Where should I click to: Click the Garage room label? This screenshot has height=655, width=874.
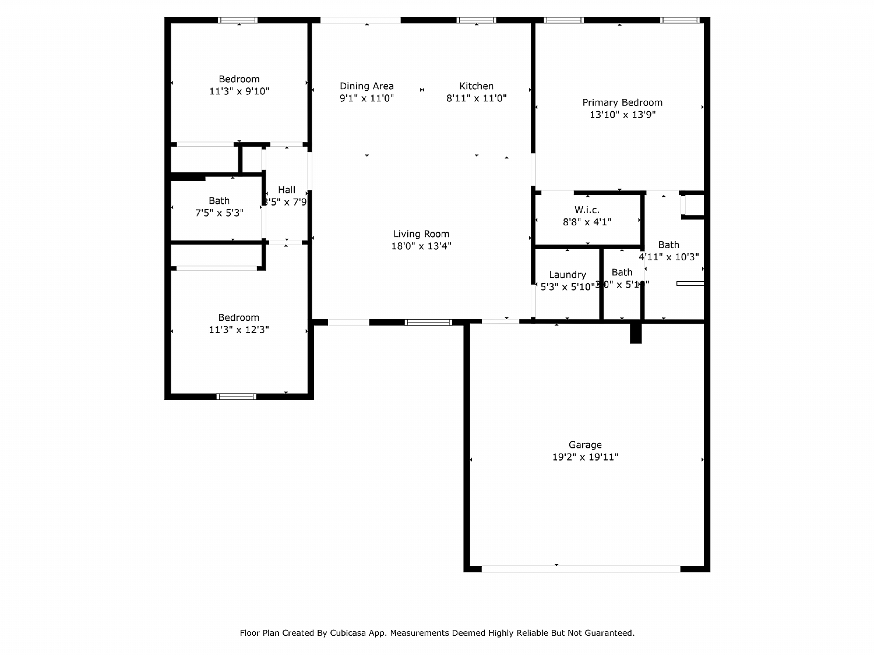[x=585, y=445]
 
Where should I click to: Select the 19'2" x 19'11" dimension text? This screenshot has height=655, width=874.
[x=585, y=457]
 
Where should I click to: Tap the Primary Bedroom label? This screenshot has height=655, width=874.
[x=622, y=102]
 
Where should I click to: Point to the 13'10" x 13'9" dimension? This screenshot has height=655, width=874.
[x=622, y=115]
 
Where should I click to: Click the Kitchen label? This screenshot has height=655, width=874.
[x=476, y=86]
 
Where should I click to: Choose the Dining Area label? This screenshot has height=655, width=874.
[x=366, y=86]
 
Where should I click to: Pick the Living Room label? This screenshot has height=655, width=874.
[x=421, y=234]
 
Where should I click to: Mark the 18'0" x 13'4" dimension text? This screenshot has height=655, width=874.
[x=421, y=246]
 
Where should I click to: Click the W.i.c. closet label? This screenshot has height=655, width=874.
[x=587, y=210]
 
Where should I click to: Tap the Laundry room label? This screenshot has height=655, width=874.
[x=567, y=275]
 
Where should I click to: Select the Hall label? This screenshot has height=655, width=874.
[x=286, y=190]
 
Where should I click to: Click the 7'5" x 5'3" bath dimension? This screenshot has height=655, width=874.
[x=219, y=213]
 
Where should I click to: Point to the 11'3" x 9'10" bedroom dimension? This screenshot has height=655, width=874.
[x=239, y=91]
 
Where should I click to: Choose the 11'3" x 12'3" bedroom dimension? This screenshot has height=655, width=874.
[x=239, y=330]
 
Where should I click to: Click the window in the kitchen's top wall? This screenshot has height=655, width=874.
[x=476, y=20]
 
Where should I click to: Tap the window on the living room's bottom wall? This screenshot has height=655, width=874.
[x=428, y=322]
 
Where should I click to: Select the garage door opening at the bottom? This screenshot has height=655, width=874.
[x=580, y=569]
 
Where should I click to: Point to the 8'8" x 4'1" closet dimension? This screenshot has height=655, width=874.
[x=587, y=222]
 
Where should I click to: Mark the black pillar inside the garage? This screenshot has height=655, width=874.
[x=636, y=333]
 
